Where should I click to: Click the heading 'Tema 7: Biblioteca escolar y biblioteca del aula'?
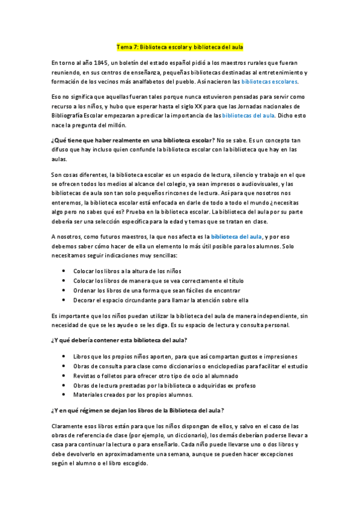(180, 47)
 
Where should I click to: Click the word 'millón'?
(114, 125)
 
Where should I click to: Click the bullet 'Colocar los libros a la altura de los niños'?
(127, 271)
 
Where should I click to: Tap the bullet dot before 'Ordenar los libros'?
(64, 290)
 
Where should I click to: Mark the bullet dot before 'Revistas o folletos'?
(64, 376)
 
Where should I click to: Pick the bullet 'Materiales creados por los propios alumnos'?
(133, 395)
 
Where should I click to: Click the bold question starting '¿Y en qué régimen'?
(138, 411)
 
